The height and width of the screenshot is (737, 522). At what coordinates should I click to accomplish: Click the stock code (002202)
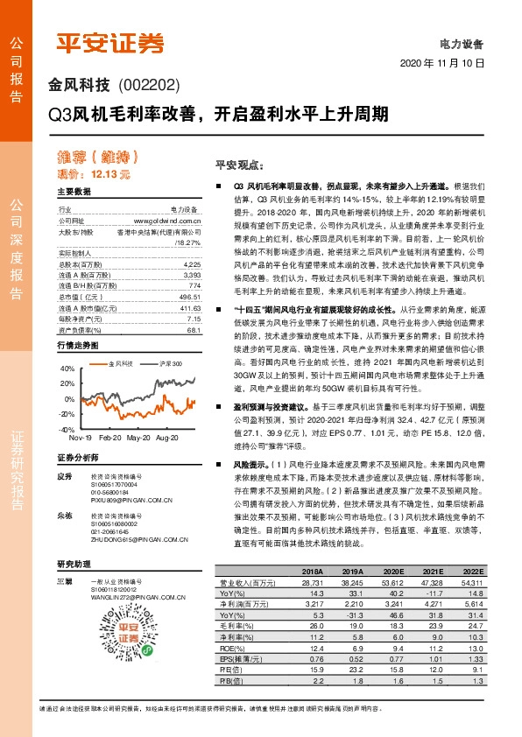point(148,85)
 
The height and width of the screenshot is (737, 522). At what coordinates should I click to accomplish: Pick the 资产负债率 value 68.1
point(194,330)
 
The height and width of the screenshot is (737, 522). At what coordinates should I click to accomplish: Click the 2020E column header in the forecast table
point(392,570)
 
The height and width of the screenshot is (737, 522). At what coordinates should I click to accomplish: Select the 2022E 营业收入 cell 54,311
point(472,581)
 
